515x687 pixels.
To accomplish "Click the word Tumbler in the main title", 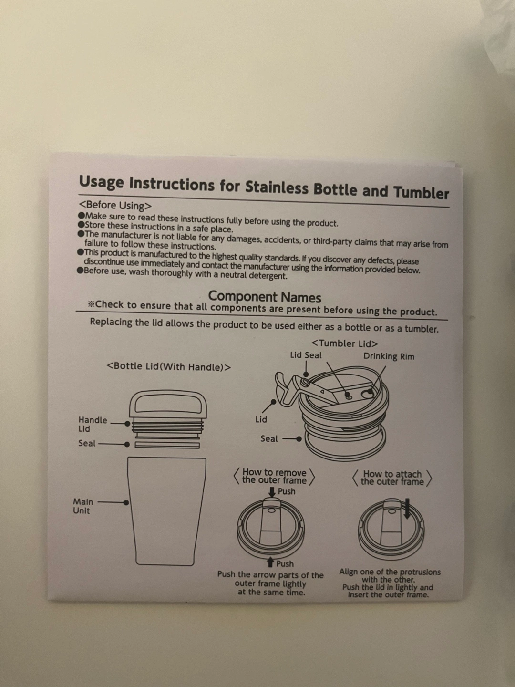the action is tap(421, 192).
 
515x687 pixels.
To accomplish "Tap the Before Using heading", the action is tap(115, 205).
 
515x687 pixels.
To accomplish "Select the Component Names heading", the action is tap(265, 297).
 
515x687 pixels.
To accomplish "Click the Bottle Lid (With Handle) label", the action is tap(169, 366).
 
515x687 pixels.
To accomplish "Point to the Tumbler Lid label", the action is tap(345, 343).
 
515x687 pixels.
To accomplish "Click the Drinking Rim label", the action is tap(389, 356).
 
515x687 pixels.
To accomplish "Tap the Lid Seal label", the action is tap(306, 355).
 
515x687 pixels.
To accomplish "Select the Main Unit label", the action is tap(83, 506).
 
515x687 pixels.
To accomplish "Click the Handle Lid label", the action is tap(93, 425).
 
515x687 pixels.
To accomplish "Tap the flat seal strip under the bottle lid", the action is tap(167, 445).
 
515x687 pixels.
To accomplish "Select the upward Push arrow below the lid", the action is tap(271, 562).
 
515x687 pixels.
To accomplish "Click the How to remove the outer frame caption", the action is tap(274, 476).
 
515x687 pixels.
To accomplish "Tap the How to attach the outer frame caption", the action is tap(392, 478).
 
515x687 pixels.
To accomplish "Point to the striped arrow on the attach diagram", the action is tap(407, 509).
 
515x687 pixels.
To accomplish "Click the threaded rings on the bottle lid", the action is tap(168, 426).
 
